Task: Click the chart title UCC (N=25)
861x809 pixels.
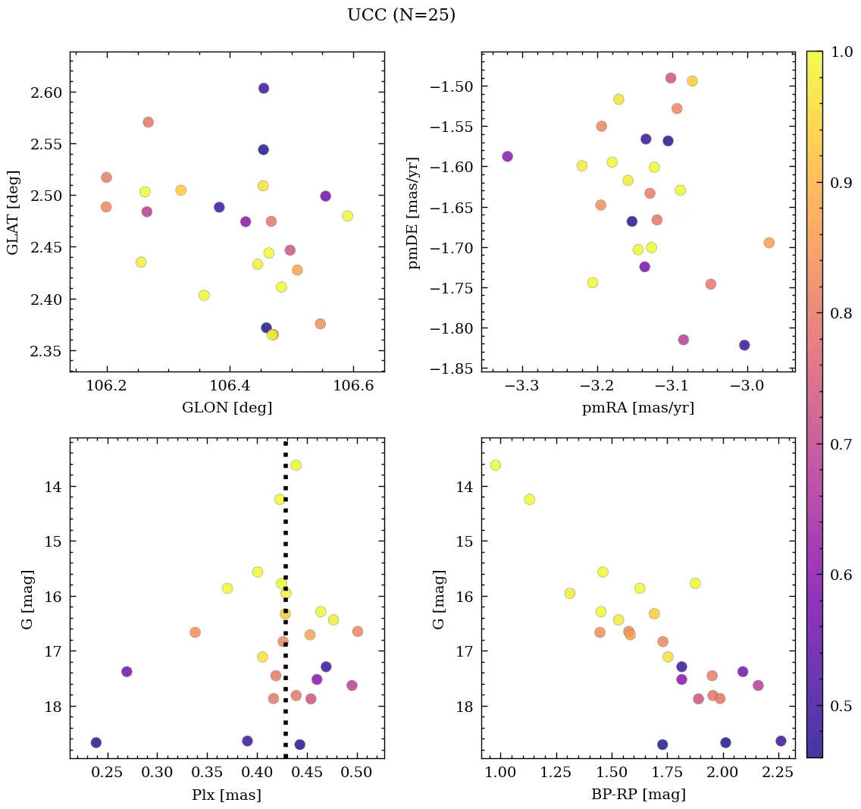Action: pyautogui.click(x=401, y=15)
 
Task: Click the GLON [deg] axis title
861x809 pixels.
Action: pyautogui.click(x=227, y=407)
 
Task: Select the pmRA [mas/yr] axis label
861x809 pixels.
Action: pyautogui.click(x=637, y=407)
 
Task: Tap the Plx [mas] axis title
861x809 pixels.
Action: pyautogui.click(x=227, y=795)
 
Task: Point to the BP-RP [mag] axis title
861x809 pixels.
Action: pyautogui.click(x=637, y=795)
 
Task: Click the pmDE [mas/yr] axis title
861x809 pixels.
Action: pyautogui.click(x=414, y=212)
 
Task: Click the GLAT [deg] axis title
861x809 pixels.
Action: pyautogui.click(x=13, y=212)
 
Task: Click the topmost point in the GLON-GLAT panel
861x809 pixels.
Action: pyautogui.click(x=264, y=88)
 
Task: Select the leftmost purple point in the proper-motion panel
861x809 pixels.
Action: pyautogui.click(x=507, y=156)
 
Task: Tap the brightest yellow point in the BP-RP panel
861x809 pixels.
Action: pyautogui.click(x=495, y=465)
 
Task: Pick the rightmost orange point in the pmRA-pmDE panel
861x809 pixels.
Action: pyautogui.click(x=769, y=243)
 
